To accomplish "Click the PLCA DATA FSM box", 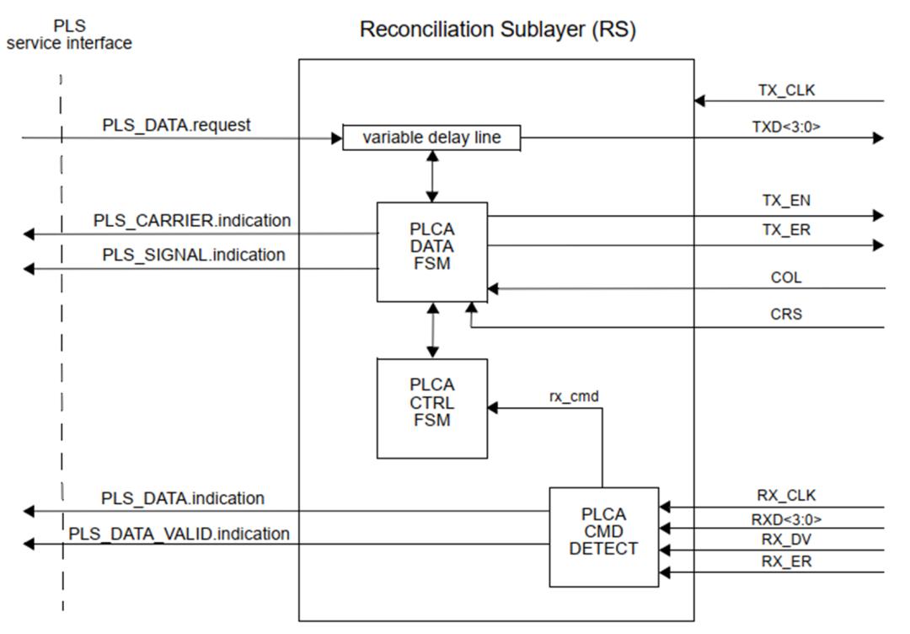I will [432, 251].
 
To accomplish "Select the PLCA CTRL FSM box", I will [432, 408].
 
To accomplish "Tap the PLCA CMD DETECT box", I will [603, 536].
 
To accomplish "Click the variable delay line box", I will [431, 137].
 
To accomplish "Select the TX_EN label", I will [784, 201].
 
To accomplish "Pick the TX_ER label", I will [784, 229].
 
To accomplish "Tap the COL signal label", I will [786, 277].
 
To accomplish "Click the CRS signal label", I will [786, 314].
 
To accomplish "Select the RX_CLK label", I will [786, 496].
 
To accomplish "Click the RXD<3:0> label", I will [786, 518].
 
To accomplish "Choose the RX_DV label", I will [785, 540].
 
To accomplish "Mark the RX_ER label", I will [785, 561].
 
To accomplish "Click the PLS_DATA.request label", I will [177, 125].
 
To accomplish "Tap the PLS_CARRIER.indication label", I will [192, 221].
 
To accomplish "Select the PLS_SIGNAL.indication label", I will [194, 254].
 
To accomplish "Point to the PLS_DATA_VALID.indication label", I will [179, 534].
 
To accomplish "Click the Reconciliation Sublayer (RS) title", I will [497, 30].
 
